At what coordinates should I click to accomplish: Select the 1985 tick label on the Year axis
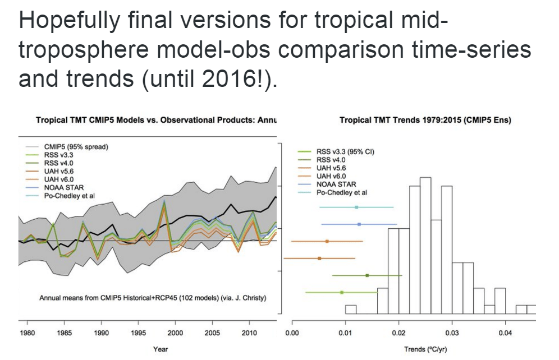65,333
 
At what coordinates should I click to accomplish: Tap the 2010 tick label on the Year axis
249,333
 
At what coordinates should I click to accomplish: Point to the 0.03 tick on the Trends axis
451,333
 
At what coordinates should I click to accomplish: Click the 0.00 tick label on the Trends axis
292,333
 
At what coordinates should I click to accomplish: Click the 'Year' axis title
161,349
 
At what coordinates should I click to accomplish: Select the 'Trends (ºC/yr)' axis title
425,349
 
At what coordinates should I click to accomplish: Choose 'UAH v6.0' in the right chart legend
332,176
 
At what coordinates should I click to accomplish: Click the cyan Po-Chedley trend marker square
356,207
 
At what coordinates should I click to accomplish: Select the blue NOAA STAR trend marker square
359,224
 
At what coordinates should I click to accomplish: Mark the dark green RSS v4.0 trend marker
367,275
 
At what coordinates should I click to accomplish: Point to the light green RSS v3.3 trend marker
341,292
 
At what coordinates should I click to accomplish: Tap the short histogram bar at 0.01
351,309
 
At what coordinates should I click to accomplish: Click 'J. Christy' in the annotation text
247,297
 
